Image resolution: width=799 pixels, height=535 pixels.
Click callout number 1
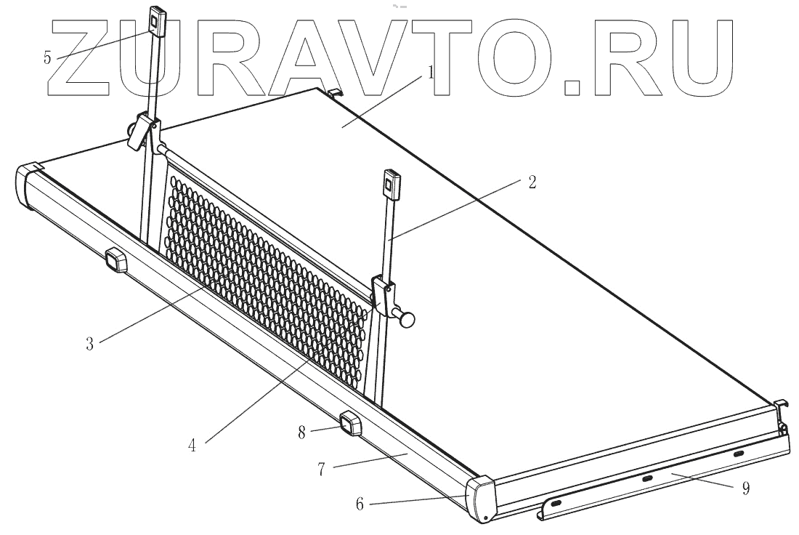tap(431, 71)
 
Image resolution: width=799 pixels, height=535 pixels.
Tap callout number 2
tap(532, 182)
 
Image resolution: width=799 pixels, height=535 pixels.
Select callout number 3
tap(89, 343)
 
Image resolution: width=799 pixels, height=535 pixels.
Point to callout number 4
tap(192, 445)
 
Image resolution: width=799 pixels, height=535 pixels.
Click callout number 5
tap(47, 58)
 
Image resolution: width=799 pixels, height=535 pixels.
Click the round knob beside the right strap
tap(408, 318)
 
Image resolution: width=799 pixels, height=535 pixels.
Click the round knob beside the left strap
tap(134, 131)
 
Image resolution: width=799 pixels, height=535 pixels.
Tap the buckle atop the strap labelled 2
tap(393, 183)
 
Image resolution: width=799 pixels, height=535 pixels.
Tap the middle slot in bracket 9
tap(646, 480)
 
